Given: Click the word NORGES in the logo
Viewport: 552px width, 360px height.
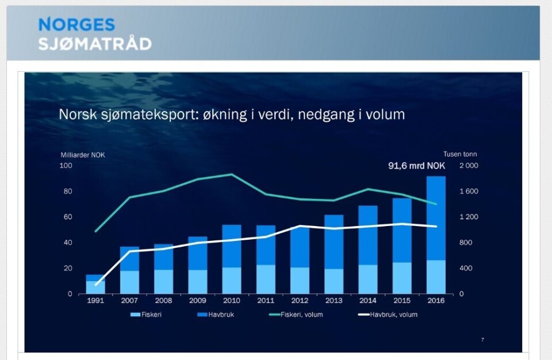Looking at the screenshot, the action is pos(76,25).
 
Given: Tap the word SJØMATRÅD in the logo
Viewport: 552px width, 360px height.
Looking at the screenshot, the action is pos(95,44).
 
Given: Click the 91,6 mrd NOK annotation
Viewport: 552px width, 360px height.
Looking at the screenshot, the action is pos(416,166).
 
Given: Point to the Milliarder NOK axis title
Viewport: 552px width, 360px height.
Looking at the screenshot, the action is pos(83,155).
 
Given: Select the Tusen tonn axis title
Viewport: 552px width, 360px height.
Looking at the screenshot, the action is pos(460,154).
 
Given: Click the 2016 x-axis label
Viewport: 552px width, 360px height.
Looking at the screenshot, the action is pos(436,300).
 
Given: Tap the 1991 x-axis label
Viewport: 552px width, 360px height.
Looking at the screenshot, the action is pos(95,300).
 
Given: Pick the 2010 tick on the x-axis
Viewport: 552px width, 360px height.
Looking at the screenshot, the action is pos(232,300).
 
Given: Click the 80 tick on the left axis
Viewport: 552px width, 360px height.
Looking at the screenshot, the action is pos(68,192).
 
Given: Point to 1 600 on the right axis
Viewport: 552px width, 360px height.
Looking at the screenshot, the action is pos(469,192).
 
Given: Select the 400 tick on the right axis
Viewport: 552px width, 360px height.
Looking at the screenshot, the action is pos(466,268).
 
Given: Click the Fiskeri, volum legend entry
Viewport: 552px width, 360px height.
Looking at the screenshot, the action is pos(297,315).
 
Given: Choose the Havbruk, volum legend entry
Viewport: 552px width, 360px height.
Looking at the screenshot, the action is pos(388,315).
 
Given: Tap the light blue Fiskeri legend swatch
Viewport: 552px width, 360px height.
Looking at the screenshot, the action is pos(135,315).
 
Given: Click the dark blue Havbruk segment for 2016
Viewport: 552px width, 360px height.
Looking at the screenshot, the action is pos(436,218).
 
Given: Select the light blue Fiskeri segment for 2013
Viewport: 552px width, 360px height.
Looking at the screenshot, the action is pos(333,281).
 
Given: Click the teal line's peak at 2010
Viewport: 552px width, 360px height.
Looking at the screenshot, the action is pos(231,174).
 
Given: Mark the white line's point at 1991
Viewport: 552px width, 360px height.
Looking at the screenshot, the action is pos(96,285).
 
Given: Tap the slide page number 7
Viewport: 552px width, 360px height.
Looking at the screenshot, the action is pos(482,339).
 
